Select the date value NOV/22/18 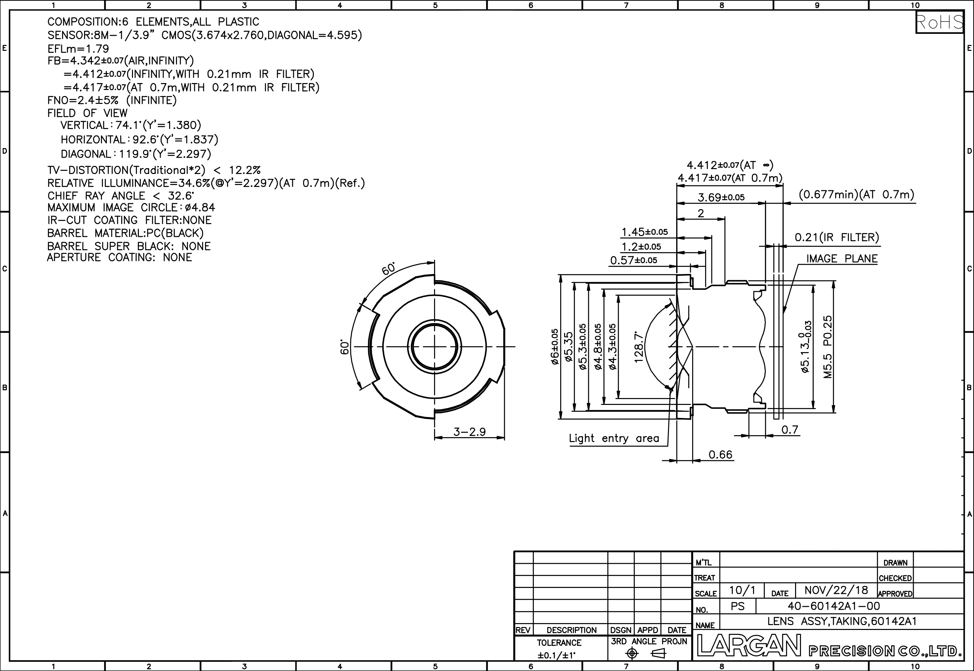836,590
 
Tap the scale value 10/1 742,590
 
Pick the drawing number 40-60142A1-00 833,606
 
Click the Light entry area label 614,438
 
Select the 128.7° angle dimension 639,347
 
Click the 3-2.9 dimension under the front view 469,432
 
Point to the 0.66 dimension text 720,454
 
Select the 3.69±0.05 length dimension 721,197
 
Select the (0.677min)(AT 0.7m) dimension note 856,195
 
